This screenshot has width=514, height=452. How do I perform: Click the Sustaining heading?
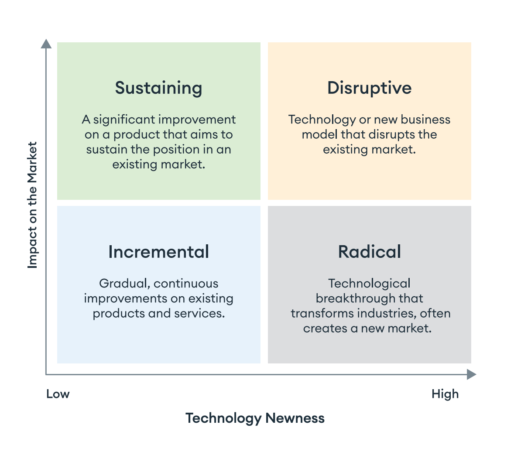(158, 88)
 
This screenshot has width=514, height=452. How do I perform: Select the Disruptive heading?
(369, 88)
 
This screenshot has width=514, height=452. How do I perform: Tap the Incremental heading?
(158, 252)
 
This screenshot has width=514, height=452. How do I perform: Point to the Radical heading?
(369, 252)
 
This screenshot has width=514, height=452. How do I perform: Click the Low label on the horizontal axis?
(58, 394)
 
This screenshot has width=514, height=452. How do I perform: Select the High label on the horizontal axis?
(445, 394)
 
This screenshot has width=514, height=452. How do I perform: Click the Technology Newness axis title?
(255, 418)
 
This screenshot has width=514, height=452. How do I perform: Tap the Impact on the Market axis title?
(33, 205)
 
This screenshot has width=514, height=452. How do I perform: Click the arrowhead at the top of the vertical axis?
(46, 44)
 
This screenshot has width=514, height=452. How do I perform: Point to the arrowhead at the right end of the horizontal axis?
(471, 374)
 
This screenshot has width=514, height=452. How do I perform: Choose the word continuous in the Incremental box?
(186, 284)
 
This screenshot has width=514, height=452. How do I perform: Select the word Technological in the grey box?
(369, 284)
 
